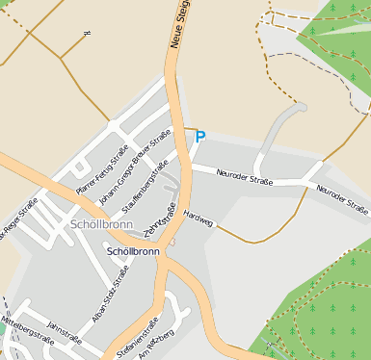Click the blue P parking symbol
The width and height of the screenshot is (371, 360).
[200, 137]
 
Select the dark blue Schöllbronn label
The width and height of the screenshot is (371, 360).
[133, 251]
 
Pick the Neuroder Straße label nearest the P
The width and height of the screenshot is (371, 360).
[245, 177]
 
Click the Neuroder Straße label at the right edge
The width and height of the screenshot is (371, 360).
[343, 197]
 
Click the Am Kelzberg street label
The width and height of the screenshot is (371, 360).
[157, 347]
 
